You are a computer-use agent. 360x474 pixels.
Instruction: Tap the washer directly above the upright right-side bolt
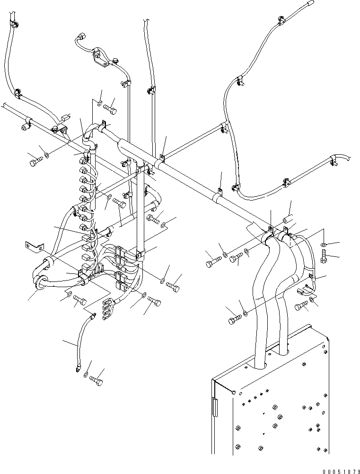click(323, 244)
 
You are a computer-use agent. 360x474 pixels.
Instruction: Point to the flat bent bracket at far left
click(34, 246)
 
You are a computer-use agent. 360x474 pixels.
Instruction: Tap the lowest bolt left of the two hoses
click(234, 320)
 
